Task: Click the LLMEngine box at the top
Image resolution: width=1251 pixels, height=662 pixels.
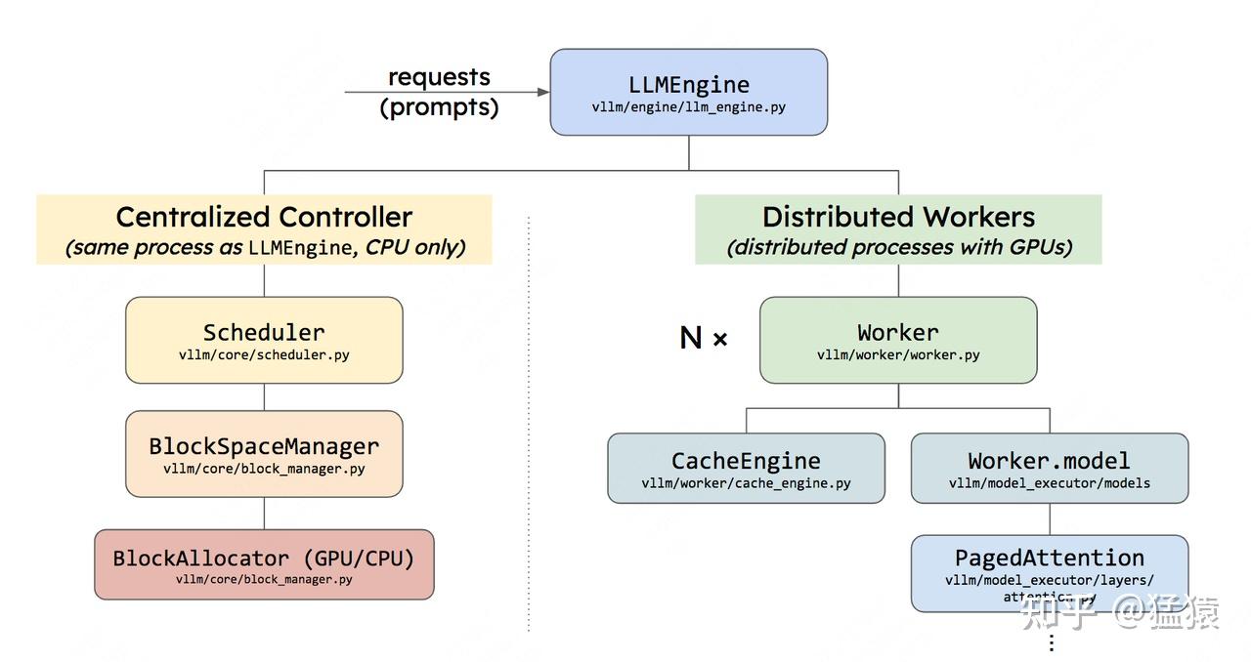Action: pos(688,92)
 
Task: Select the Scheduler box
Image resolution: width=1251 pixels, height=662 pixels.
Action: pos(264,340)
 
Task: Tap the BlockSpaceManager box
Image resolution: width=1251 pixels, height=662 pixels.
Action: pos(264,454)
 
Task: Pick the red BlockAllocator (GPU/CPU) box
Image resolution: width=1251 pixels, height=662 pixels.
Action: pos(264,564)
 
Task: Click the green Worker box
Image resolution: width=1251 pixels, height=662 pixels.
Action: pos(897,340)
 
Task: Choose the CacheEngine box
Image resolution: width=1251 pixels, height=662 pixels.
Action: pos(746,469)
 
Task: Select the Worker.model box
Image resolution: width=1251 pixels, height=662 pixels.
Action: pos(1049,469)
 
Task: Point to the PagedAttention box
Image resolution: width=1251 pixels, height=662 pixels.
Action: pos(1049,572)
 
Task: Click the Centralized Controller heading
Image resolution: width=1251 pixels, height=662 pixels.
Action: pos(264,217)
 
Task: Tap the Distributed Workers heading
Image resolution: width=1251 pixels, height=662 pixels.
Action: pos(897,217)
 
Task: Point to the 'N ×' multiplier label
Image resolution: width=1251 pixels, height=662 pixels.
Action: pos(704,338)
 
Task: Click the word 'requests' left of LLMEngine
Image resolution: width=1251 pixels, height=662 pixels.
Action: pos(439,76)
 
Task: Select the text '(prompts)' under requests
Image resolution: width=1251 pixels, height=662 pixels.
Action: pos(439,106)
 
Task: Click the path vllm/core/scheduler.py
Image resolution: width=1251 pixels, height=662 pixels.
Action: pos(264,355)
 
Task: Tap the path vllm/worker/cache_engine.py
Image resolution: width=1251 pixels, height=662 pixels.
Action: pos(746,483)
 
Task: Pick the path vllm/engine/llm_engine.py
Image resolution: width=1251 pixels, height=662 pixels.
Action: pos(688,107)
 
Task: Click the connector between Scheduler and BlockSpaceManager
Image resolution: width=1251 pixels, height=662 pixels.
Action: pos(264,396)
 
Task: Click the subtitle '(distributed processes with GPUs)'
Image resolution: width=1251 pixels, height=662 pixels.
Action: pos(898,248)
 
